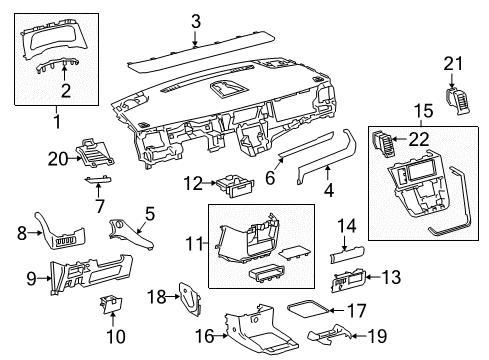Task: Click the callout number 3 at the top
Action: pos(196,20)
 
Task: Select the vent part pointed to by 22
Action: pos(384,144)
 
